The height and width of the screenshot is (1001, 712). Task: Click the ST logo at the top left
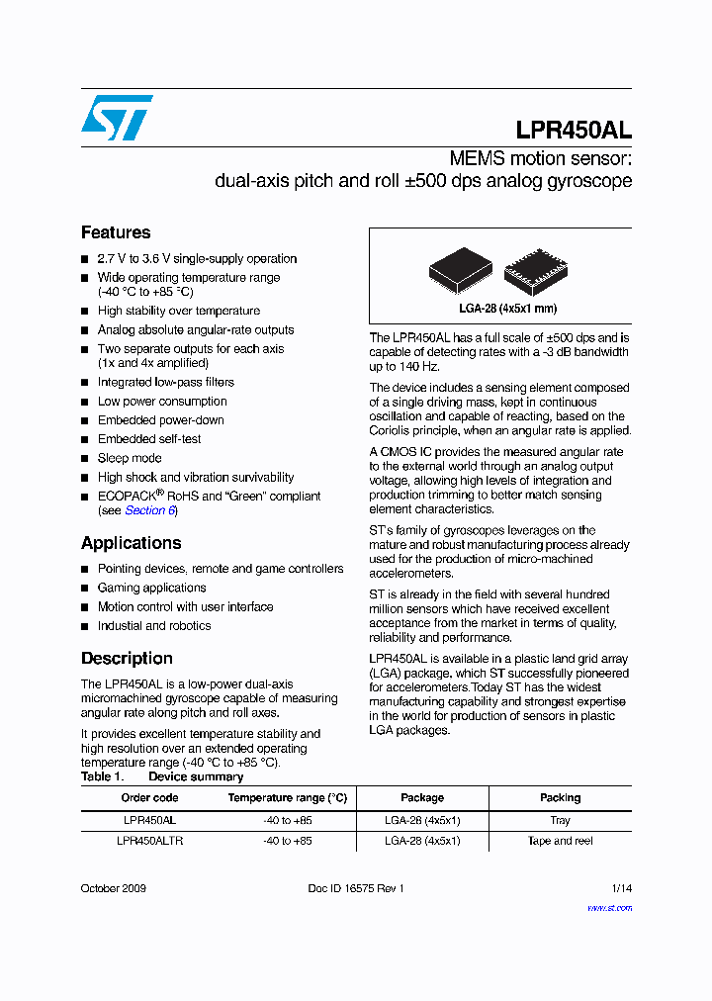pos(117,118)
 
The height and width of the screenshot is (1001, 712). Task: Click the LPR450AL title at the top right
pos(574,131)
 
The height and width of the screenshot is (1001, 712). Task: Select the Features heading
pos(116,232)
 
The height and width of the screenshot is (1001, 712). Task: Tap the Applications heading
pos(131,543)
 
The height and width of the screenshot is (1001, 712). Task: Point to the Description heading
pos(127,659)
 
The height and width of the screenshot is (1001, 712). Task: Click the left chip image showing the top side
pos(460,268)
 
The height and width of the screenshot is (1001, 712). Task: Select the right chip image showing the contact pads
pos(535,268)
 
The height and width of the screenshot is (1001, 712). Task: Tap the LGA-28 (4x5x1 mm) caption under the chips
pos(500,309)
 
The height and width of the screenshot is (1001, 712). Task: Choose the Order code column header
pos(149,798)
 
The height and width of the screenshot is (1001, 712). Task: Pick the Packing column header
pos(560,798)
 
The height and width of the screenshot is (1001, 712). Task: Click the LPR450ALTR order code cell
pos(149,841)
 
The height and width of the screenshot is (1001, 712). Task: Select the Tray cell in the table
pos(560,820)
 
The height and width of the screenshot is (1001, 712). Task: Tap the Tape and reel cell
pos(560,841)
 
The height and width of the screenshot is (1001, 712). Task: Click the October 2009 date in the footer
pos(113,888)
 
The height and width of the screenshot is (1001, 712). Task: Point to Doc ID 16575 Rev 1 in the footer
pos(356,888)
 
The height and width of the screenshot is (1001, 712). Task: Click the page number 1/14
pos(621,888)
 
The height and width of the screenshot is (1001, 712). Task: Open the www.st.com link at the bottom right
pos(609,907)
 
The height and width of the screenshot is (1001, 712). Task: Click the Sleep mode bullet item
pos(130,458)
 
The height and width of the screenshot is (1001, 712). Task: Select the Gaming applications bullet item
pos(151,588)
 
